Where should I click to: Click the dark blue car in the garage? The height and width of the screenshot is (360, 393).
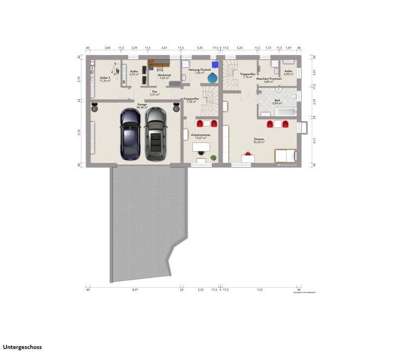pos(130,134)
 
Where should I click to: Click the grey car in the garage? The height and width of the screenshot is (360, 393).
pos(155,134)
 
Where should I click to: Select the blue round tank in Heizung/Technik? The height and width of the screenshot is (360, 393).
pos(212,78)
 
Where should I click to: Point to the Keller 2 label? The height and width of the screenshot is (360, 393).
pos(104,79)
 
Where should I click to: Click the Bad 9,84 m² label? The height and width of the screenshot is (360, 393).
pos(277,102)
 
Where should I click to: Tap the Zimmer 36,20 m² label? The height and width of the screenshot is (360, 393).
pos(258,141)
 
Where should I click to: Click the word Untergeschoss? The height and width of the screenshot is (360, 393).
pos(22,348)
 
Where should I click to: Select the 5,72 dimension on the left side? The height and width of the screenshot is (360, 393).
pos(79,133)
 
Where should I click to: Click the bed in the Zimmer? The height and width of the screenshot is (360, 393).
pos(286,155)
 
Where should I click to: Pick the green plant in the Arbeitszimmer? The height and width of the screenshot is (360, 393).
pos(213,157)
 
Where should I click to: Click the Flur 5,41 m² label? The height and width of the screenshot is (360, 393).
pos(154,93)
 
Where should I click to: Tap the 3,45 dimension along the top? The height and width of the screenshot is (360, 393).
pos(199,48)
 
